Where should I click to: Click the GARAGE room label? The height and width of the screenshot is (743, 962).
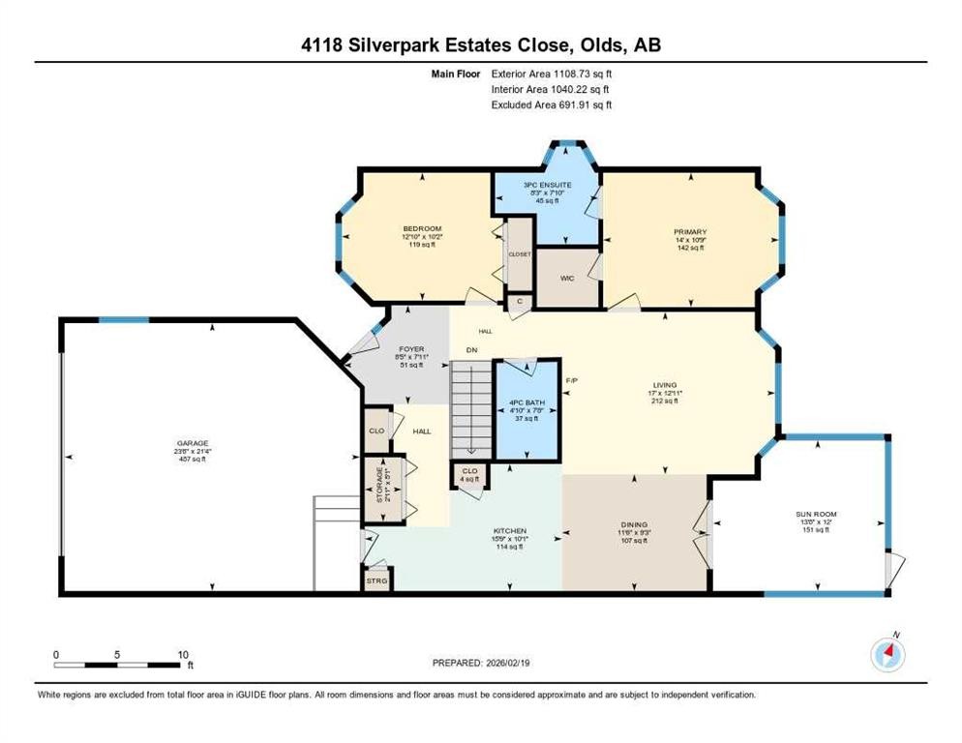pyautogui.click(x=191, y=442)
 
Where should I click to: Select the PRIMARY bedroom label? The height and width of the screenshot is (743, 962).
pyautogui.click(x=690, y=232)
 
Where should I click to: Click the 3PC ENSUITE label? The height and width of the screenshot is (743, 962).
pyautogui.click(x=548, y=184)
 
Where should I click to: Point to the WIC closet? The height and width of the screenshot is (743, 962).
pyautogui.click(x=567, y=279)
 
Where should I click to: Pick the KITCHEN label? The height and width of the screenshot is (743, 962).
pyautogui.click(x=510, y=531)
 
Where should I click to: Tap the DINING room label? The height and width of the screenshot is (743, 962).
pyautogui.click(x=635, y=524)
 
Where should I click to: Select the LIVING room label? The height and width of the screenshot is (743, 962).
pyautogui.click(x=663, y=386)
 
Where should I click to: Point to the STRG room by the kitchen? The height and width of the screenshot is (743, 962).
pyautogui.click(x=376, y=580)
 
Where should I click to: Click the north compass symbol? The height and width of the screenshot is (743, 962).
pyautogui.click(x=887, y=655)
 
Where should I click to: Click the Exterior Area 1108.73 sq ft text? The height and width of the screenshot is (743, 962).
pyautogui.click(x=553, y=73)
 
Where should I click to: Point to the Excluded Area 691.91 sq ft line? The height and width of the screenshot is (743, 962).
pyautogui.click(x=552, y=104)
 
